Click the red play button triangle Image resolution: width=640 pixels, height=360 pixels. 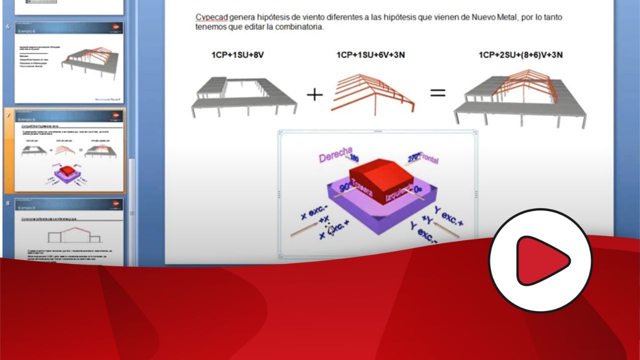pos(542,261)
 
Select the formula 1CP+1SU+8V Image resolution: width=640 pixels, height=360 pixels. pos(237,55)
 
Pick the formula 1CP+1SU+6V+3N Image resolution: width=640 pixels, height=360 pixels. pos(370,55)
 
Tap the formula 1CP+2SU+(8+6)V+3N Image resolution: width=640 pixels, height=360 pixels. pos(520,55)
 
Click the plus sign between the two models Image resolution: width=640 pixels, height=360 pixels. pos(314,94)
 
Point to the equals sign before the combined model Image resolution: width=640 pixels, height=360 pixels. pos(437,93)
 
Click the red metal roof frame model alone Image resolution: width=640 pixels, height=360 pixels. pos(372,92)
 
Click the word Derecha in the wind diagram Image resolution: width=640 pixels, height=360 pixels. pos(335,155)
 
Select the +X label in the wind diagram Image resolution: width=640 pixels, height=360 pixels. pos(323,220)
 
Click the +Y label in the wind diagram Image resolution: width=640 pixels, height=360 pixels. pos(428,220)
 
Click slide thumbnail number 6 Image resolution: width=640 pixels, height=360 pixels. pos(69,62)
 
